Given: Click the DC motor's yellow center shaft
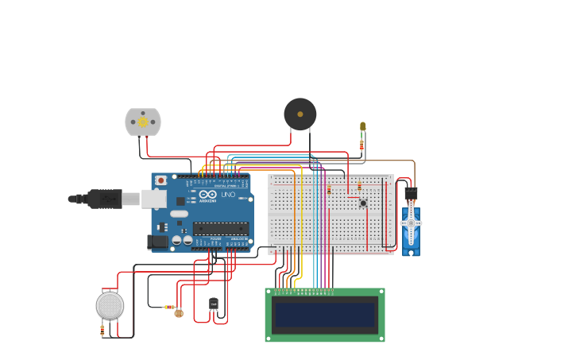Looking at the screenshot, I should (x=143, y=122).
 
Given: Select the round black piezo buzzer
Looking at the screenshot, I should (x=300, y=114).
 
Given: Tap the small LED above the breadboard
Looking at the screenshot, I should (x=363, y=126).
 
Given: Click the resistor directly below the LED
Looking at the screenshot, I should (x=362, y=145).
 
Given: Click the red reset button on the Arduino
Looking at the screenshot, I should (x=161, y=180).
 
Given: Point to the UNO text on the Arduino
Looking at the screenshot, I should (x=227, y=195).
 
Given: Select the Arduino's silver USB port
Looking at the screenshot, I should (x=153, y=199).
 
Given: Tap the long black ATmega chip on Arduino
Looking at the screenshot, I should (x=220, y=228).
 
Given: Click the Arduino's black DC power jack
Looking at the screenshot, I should (x=158, y=241).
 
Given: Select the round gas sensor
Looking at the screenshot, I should (x=110, y=305).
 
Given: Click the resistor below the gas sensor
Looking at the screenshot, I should (x=102, y=328).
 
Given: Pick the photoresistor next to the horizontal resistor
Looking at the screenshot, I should (x=178, y=313).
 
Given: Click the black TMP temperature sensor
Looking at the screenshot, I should (x=213, y=303).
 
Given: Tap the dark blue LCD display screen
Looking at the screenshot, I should (x=324, y=315).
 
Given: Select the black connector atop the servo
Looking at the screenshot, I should (x=411, y=193).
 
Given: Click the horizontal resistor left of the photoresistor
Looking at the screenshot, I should (x=168, y=307).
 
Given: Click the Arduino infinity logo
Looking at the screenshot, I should (x=208, y=195).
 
